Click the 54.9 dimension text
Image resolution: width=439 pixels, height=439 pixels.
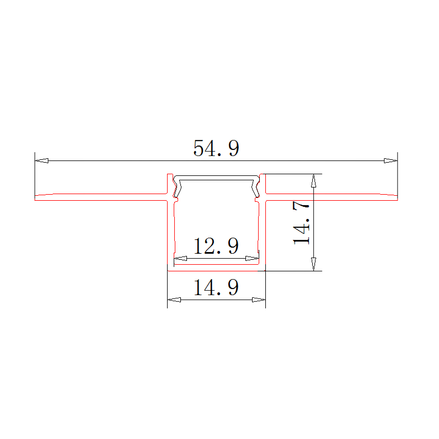tap(216, 149)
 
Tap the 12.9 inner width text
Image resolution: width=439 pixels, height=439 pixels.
tap(216, 246)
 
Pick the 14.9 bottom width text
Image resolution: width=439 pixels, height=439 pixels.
tap(216, 288)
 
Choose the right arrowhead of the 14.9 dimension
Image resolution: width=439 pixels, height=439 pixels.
tap(259, 300)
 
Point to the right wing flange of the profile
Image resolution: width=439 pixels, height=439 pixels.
tap(331, 195)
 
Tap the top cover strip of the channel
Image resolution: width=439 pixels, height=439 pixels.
tap(216, 179)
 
